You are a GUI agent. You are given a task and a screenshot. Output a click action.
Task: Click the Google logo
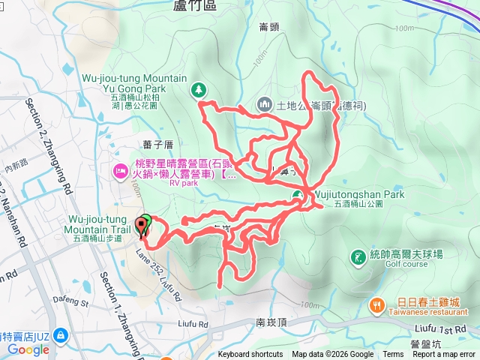[x=28, y=349]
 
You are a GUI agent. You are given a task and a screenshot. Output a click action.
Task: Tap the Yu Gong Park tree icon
[x=198, y=89]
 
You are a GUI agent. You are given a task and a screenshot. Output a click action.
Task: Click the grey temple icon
[x=263, y=104]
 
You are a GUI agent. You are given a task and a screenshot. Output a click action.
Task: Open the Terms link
[x=393, y=355]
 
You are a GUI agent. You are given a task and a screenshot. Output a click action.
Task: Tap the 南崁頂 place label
[x=271, y=322]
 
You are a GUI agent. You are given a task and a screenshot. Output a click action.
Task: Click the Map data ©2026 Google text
[x=333, y=355]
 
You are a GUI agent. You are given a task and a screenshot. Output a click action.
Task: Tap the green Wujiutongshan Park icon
[x=298, y=196]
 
